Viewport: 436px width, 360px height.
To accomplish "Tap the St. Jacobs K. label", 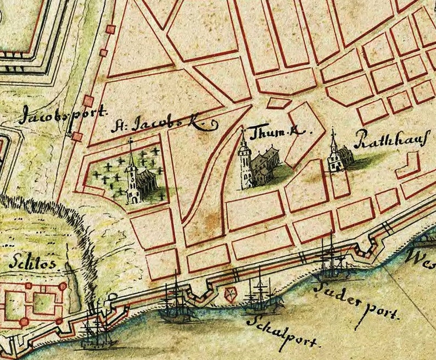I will [165, 125].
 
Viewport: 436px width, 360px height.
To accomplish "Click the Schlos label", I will [32, 264].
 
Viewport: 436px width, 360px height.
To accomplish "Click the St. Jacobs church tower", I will [131, 176].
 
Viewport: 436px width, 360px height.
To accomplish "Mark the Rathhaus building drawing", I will [337, 157].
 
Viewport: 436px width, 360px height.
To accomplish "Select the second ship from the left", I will [176, 305].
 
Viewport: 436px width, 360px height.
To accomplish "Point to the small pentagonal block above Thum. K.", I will [278, 102].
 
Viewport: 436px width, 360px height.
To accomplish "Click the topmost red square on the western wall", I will [110, 29].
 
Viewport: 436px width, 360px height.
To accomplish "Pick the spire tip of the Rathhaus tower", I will [333, 130].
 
